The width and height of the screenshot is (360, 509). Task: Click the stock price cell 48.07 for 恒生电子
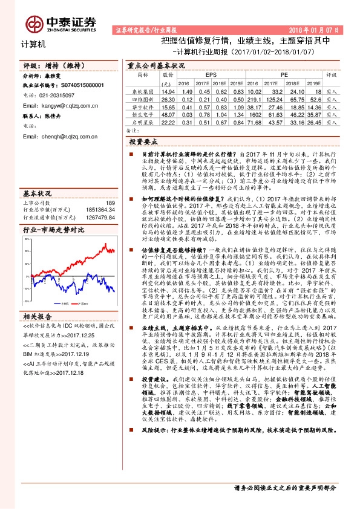coord(168,114)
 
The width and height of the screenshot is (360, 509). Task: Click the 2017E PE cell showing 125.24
coord(275,98)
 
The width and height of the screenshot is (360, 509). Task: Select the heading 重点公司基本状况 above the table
coord(156,65)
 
